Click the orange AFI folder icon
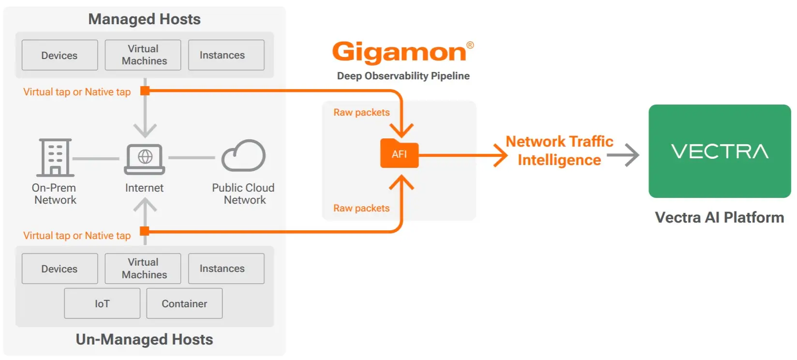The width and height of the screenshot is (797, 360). tap(399, 154)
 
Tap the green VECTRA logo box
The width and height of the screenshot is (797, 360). tap(720, 151)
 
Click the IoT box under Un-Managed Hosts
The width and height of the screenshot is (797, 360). tap(102, 303)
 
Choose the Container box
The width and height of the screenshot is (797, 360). tap(184, 303)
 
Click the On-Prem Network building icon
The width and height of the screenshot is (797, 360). tap(55, 157)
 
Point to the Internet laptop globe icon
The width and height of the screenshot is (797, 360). tap(145, 158)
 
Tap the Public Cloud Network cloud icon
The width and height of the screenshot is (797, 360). tap(243, 156)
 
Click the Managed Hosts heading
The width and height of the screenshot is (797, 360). tap(144, 19)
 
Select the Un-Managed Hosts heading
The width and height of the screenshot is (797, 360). tap(144, 339)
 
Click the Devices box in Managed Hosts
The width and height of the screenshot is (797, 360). tap(59, 55)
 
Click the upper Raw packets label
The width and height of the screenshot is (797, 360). tap(361, 112)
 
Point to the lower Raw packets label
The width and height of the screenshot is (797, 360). tap(361, 208)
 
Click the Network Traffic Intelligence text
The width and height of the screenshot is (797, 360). tap(560, 150)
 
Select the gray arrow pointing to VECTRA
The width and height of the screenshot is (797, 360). tap(623, 155)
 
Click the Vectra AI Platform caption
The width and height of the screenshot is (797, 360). tap(719, 217)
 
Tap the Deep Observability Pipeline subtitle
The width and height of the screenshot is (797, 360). tap(403, 76)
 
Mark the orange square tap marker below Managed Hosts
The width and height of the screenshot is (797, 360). tap(145, 90)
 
